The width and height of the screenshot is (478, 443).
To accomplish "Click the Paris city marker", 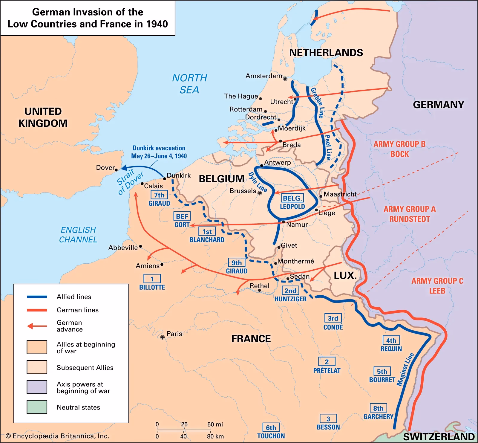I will [163, 337].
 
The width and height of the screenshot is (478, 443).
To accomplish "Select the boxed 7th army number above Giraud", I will [159, 195].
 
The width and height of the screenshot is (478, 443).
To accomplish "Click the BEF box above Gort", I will [182, 216].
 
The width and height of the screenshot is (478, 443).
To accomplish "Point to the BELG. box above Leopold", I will [292, 198].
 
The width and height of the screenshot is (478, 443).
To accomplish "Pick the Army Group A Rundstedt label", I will [410, 214].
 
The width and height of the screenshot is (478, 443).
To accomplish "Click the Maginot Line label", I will [405, 369].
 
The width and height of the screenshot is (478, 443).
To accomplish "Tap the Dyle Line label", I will [258, 182].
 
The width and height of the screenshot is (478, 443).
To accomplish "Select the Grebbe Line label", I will [317, 103].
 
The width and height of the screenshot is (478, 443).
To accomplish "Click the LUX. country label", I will [345, 276].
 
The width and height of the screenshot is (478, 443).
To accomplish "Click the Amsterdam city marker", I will [285, 79].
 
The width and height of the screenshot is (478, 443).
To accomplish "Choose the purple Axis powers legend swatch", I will [37, 387].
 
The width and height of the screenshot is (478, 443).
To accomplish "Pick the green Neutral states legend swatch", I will [37, 407].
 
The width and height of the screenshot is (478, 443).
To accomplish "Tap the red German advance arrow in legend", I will [37, 326].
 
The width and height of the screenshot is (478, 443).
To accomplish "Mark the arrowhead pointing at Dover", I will [122, 168].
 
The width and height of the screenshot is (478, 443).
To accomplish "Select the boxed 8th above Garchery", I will [378, 408].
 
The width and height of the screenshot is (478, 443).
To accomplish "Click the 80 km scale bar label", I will [215, 436].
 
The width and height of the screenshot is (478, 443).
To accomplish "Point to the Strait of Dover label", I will [130, 181].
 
